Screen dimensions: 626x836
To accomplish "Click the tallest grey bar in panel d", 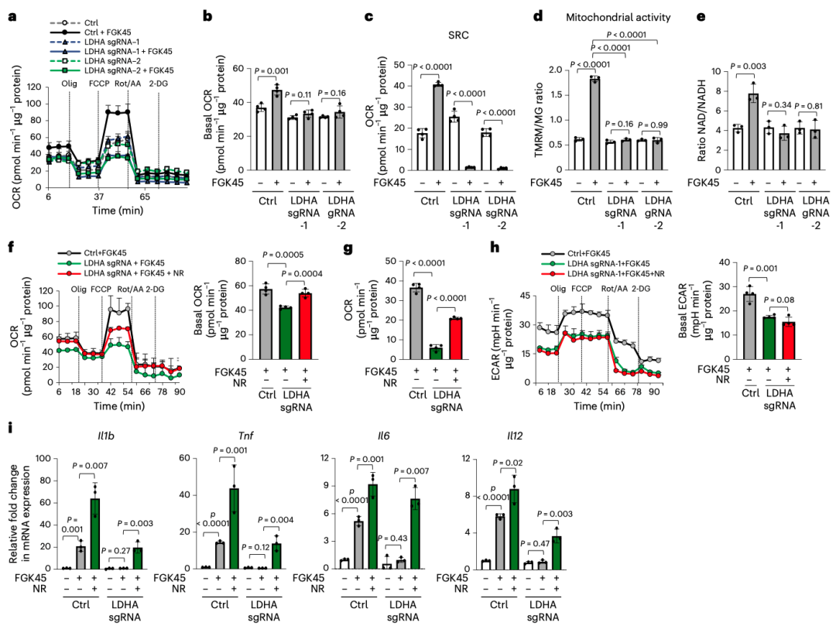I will pyautogui.click(x=595, y=124).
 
